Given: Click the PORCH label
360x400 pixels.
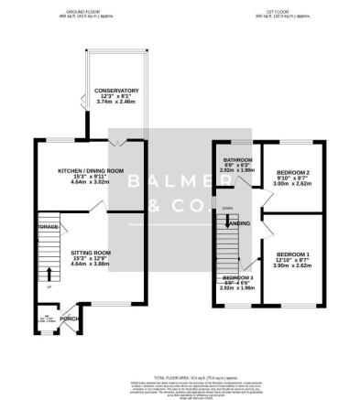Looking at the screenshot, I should pyautogui.click(x=69, y=319).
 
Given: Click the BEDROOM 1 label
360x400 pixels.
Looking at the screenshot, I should pyautogui.click(x=293, y=254).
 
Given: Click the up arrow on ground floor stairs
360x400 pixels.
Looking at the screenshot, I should pyautogui.click(x=49, y=273).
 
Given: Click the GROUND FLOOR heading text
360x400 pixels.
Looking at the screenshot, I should pyautogui.click(x=77, y=11).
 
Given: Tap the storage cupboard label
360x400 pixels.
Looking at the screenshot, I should pyautogui.click(x=48, y=225).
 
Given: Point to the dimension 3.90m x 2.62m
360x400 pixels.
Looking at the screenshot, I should pyautogui.click(x=293, y=266).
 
